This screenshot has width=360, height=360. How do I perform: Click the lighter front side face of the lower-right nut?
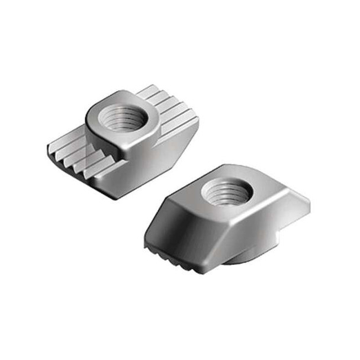pyautogui.click(x=249, y=237)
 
